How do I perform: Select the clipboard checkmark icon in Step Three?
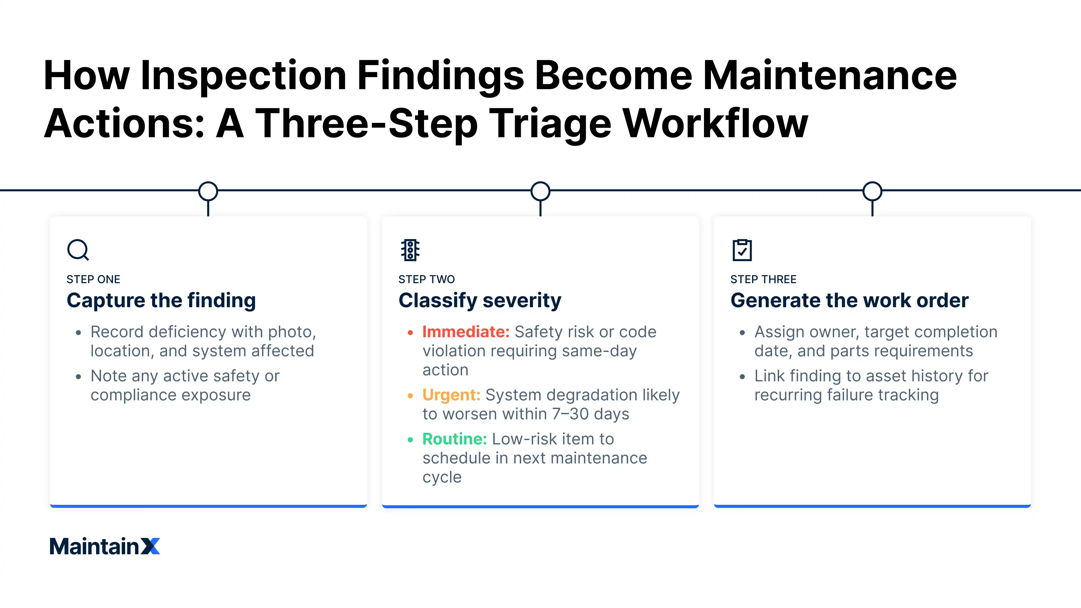[x=742, y=250]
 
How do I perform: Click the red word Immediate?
[x=466, y=332]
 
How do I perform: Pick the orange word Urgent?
[x=451, y=395]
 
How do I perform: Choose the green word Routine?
[x=454, y=439]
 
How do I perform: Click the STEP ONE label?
[x=93, y=279]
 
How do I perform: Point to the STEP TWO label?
[x=426, y=279]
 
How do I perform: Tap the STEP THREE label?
[x=763, y=279]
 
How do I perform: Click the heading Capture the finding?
[x=161, y=300]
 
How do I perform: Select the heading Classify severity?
[x=480, y=300]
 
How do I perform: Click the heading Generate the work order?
[x=849, y=300]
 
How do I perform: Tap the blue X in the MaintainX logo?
[x=150, y=546]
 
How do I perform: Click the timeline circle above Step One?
[x=208, y=191]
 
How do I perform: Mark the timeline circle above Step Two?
[x=540, y=191]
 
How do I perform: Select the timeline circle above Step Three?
[x=872, y=191]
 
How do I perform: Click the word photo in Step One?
[x=292, y=332]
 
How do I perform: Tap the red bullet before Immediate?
[x=410, y=333]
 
